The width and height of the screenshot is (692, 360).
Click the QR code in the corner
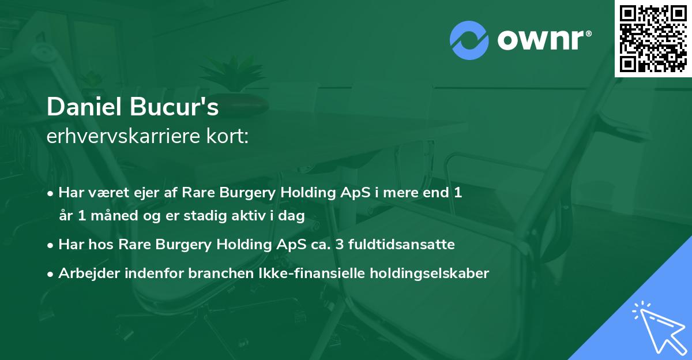click(653, 39)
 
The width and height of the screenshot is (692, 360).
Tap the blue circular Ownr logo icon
click(469, 40)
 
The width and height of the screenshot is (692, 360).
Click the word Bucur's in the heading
click(174, 107)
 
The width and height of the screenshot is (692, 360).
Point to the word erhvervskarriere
click(123, 136)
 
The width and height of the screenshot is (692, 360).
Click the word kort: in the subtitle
click(227, 136)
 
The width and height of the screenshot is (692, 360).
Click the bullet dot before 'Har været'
click(50, 194)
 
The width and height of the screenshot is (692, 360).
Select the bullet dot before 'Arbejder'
click(50, 275)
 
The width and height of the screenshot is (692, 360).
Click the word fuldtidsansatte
click(401, 244)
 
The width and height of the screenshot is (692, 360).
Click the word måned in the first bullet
click(114, 215)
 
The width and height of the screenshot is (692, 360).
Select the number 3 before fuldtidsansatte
click(340, 245)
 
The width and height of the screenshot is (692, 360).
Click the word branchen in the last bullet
click(221, 273)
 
